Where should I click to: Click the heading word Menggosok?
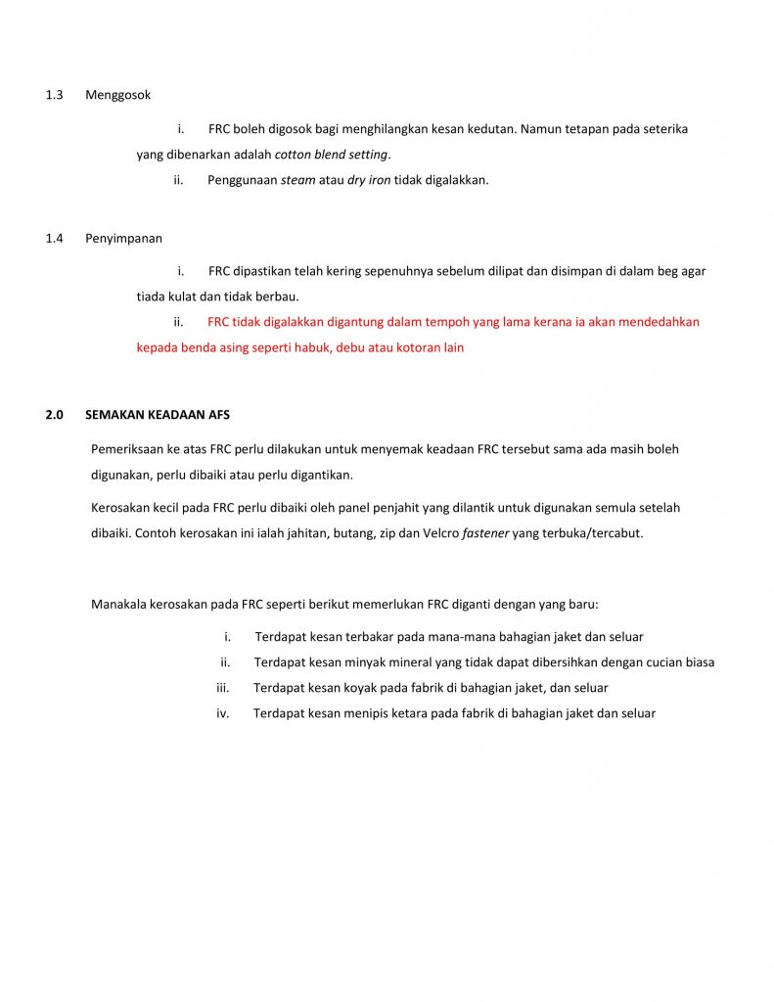117,95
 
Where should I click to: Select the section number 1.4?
54,238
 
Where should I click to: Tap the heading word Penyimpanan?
123,238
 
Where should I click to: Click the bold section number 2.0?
54,415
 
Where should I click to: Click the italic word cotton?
293,155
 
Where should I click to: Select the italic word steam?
298,180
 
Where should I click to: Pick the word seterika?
664,129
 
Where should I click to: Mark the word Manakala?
119,603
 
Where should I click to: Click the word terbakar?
377,637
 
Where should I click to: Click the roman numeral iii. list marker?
222,688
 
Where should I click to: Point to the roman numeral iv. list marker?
222,713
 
